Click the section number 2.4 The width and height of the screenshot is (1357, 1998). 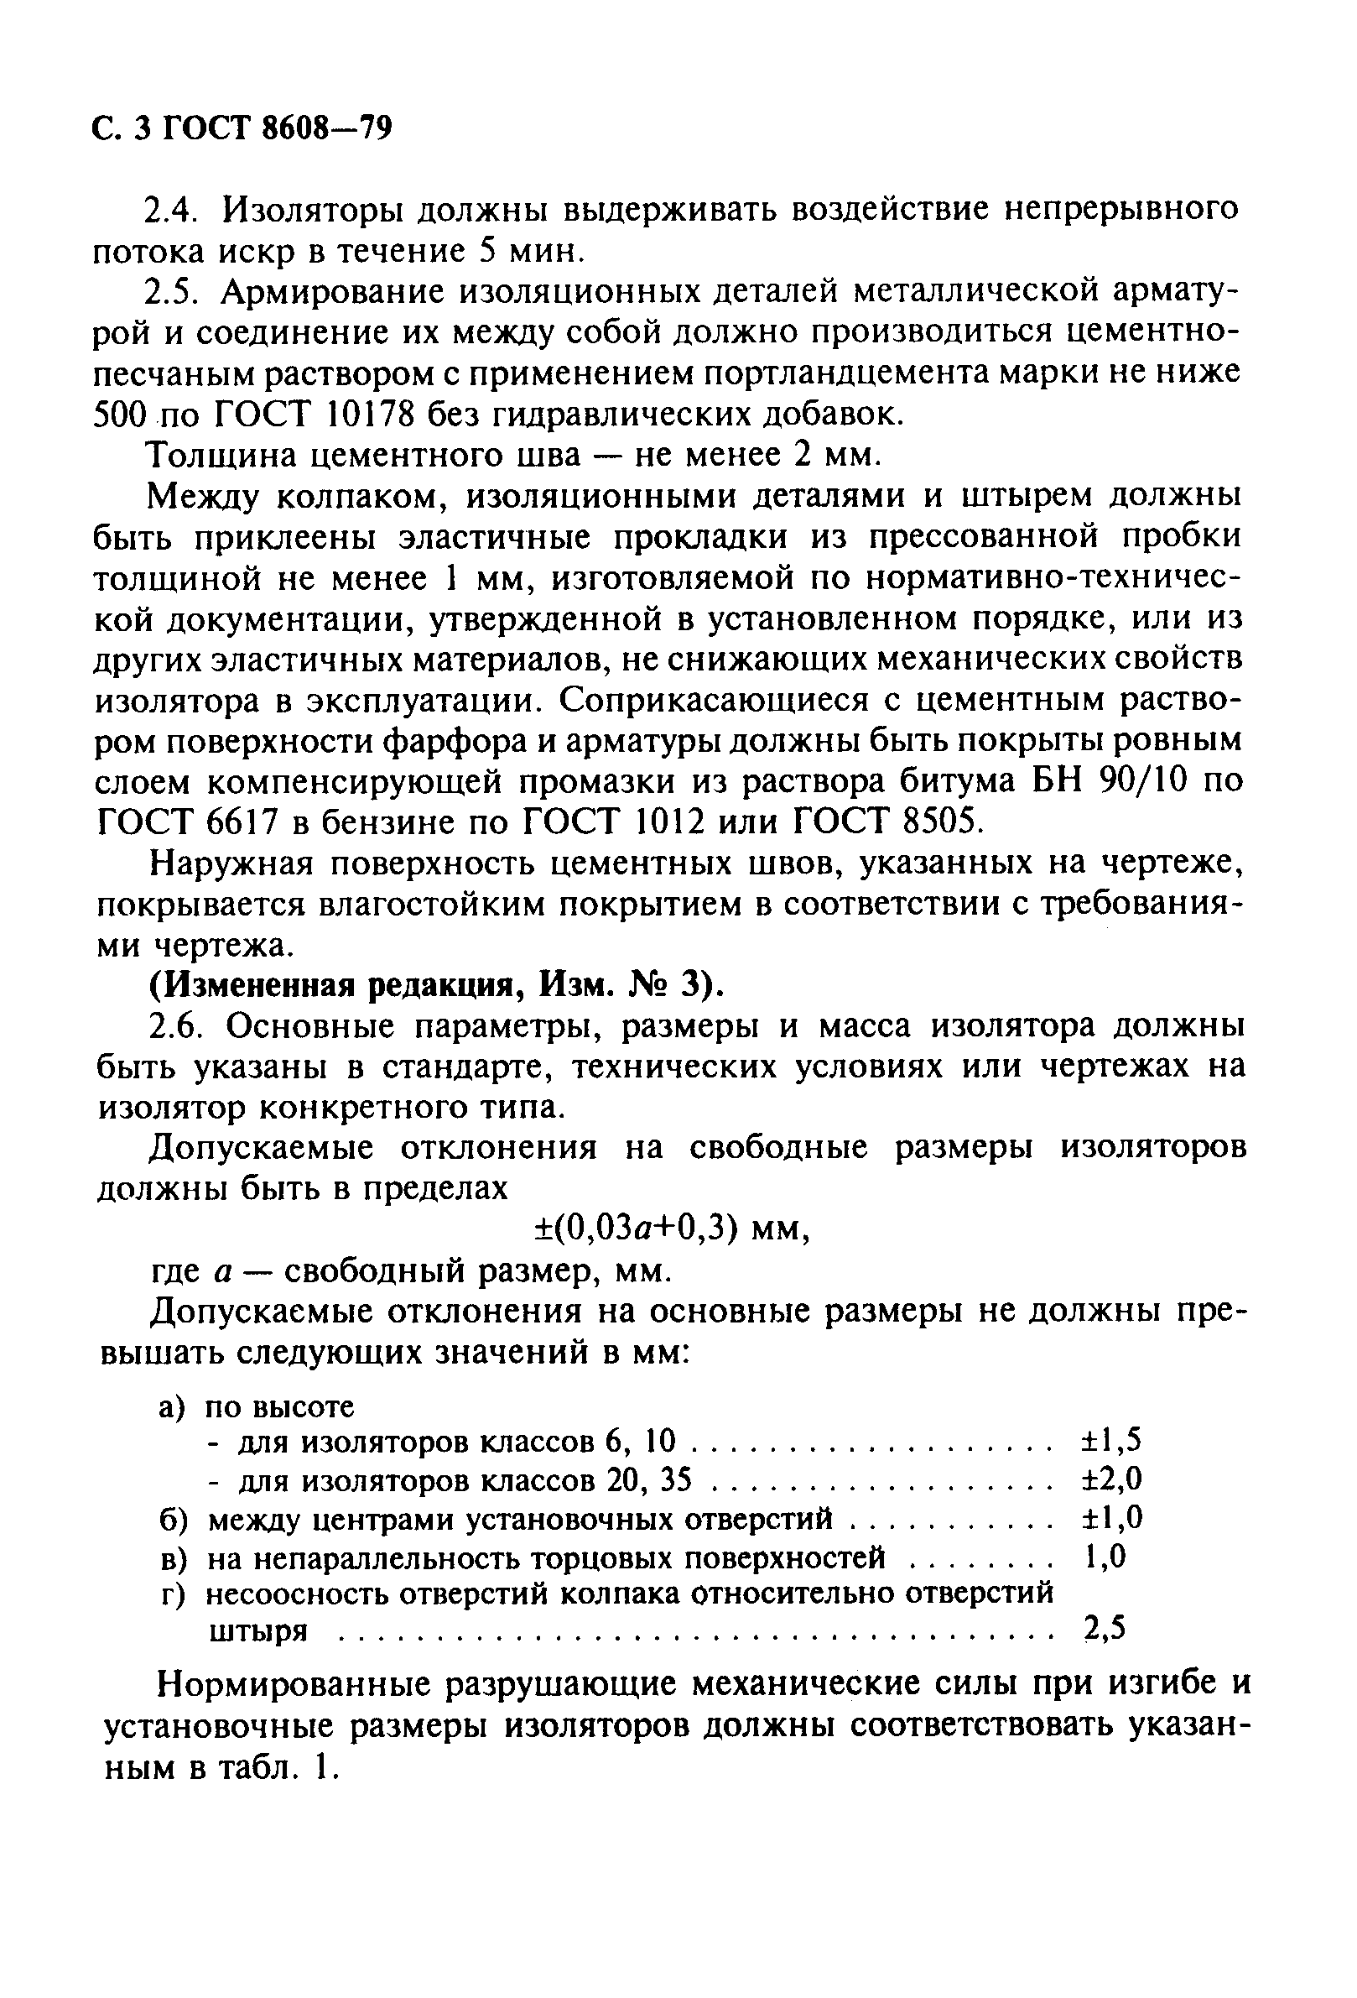click(x=174, y=209)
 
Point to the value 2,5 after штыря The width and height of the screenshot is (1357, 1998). click(x=1104, y=1628)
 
